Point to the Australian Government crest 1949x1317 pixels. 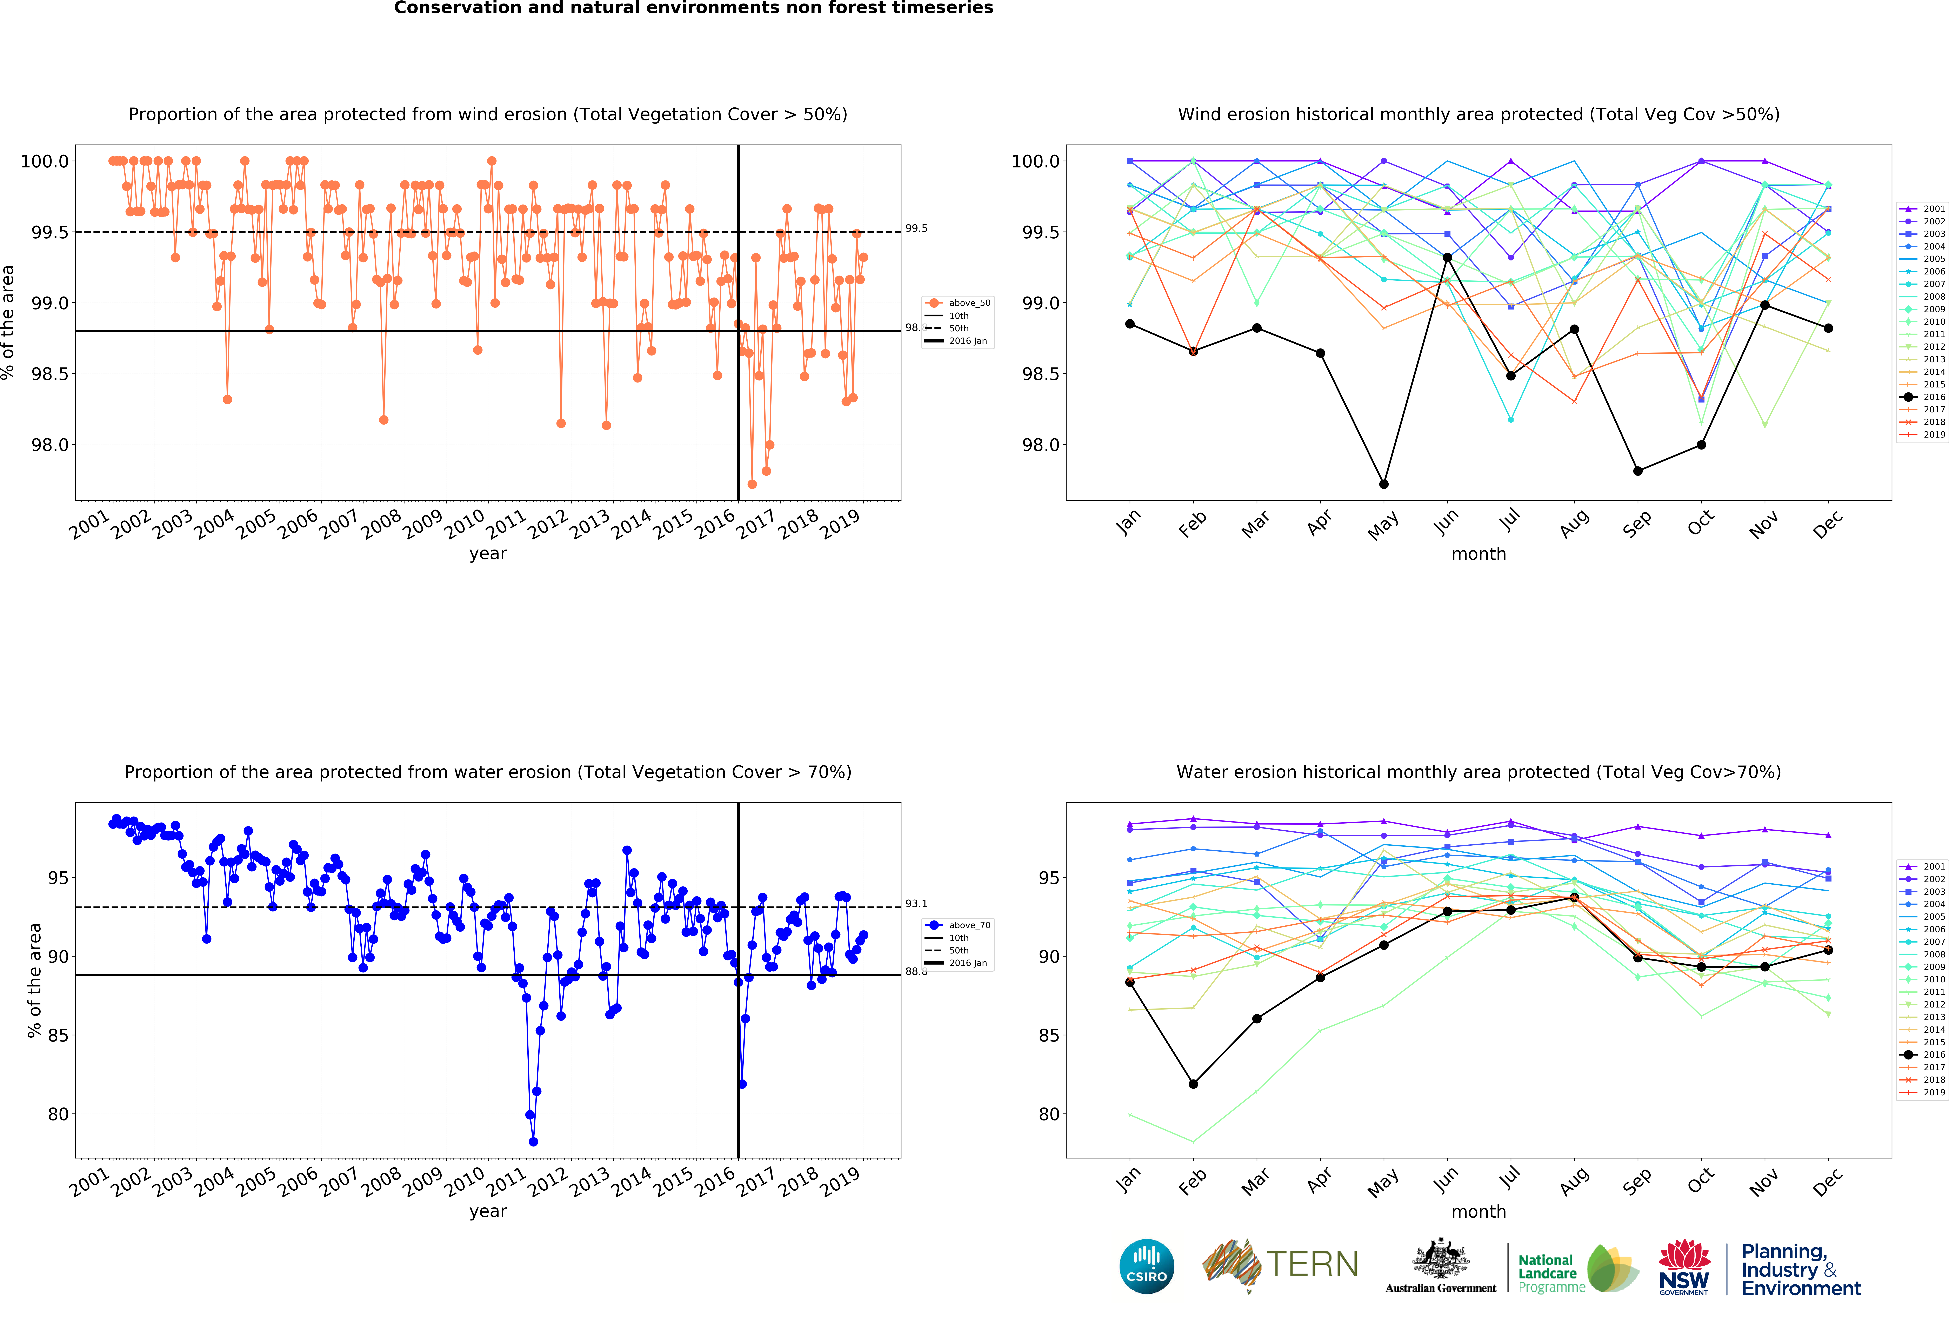[1440, 1258]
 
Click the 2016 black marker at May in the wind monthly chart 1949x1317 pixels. [1384, 484]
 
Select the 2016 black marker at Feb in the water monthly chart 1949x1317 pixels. [1193, 1084]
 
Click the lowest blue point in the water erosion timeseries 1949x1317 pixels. [533, 1142]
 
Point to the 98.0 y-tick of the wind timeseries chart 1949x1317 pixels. [49, 445]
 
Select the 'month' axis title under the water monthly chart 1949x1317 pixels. [1479, 1211]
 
